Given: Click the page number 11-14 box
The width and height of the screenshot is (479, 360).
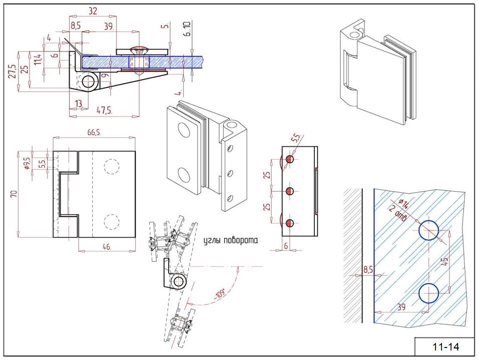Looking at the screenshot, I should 445,346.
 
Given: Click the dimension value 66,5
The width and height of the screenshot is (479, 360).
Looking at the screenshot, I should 94,132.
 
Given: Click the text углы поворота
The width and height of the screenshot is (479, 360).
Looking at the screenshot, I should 230,240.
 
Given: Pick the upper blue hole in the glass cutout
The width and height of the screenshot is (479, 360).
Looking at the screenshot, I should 429,230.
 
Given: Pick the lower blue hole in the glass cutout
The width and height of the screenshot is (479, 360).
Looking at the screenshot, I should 429,293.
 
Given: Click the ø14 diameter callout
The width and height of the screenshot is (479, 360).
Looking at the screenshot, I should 403,205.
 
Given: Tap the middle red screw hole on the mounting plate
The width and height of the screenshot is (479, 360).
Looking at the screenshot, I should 290,191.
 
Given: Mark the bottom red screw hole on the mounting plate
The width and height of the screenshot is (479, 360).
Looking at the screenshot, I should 290,223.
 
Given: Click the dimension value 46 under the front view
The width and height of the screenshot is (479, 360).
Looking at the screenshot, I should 107,246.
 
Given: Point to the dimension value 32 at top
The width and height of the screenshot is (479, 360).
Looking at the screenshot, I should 92,10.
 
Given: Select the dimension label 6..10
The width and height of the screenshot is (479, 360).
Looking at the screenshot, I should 187,30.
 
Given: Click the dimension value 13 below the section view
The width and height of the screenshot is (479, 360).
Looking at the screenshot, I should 78,103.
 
